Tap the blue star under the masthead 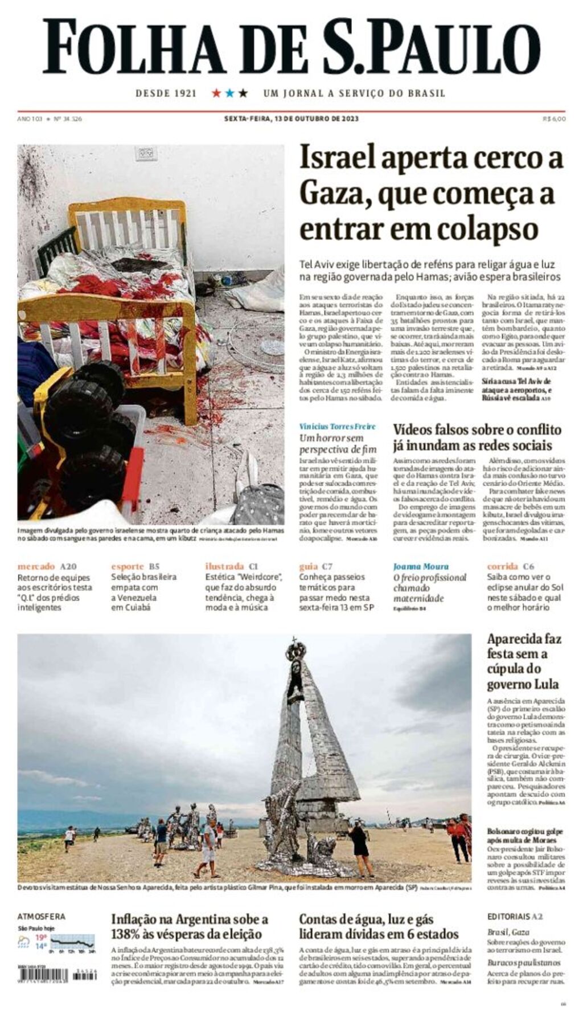point(229,93)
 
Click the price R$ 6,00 point(554,119)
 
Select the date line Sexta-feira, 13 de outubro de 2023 point(291,119)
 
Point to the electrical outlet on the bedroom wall point(146,154)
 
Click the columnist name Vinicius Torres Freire point(338,427)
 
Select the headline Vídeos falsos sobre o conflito point(477,430)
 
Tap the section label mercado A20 point(47,566)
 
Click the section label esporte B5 point(136,566)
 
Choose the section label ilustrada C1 point(231,566)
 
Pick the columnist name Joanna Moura point(421,566)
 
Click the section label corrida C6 point(511,566)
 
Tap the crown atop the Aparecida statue point(295,648)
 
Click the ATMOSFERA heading point(41,917)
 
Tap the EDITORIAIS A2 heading point(515,917)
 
